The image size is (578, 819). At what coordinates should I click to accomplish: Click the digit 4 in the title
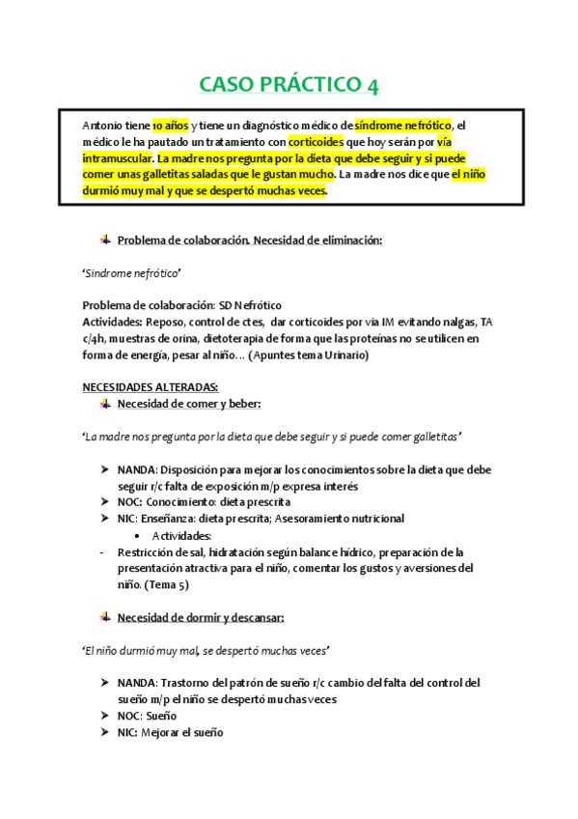tap(372, 85)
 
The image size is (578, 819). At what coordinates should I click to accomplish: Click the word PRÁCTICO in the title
tap(309, 85)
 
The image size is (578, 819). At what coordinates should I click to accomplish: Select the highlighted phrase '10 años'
tap(170, 126)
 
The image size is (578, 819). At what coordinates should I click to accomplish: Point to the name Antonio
tap(103, 126)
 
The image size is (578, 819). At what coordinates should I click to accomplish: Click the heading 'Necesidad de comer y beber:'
tap(188, 403)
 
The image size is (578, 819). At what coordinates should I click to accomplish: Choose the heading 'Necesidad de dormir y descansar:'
tap(201, 616)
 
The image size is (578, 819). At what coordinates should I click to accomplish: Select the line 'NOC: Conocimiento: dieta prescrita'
tap(204, 502)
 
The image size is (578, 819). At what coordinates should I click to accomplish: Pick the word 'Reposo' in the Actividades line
tap(166, 322)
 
